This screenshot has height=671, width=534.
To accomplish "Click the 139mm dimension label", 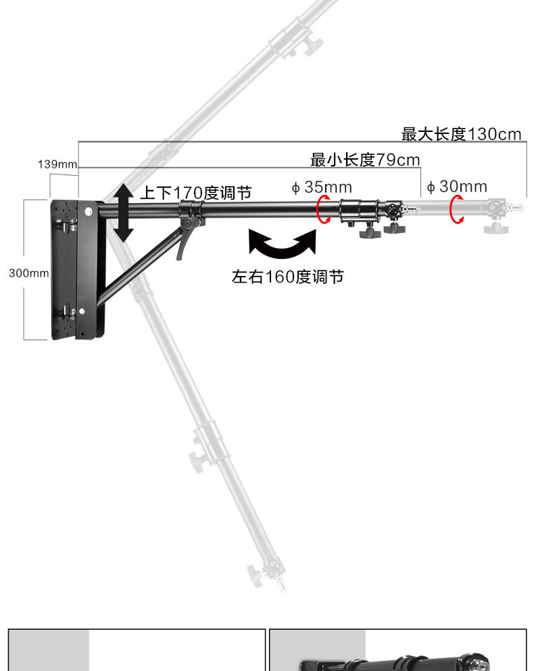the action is tap(57, 164).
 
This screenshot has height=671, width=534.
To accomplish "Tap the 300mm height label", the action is tap(29, 273).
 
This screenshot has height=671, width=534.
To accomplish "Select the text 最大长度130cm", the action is tap(461, 134).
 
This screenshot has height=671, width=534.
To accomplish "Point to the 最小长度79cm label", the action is tap(365, 160).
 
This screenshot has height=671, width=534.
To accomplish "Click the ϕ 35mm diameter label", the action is tap(322, 187).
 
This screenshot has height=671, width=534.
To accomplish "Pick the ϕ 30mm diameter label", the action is tap(457, 186).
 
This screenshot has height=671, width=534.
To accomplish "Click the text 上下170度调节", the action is tap(196, 193).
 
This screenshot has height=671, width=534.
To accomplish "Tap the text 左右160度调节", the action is tap(288, 277).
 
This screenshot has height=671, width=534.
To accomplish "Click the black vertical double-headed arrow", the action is tap(124, 212).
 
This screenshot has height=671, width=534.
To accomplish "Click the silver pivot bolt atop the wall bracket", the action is tap(89, 211).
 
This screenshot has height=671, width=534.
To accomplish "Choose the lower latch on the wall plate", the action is tap(70, 311).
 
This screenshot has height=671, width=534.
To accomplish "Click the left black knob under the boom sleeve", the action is tap(369, 233).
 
